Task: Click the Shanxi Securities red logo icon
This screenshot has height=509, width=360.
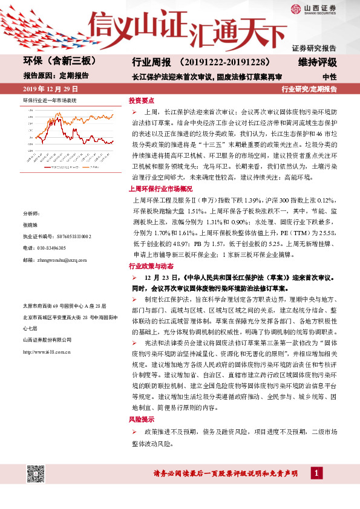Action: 295,9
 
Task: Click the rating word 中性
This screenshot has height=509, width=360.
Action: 329,77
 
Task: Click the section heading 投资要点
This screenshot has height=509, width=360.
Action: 142,100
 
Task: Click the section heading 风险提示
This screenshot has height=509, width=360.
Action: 142,418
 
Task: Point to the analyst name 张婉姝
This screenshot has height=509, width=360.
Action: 30,224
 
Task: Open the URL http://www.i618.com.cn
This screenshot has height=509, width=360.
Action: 47,351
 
